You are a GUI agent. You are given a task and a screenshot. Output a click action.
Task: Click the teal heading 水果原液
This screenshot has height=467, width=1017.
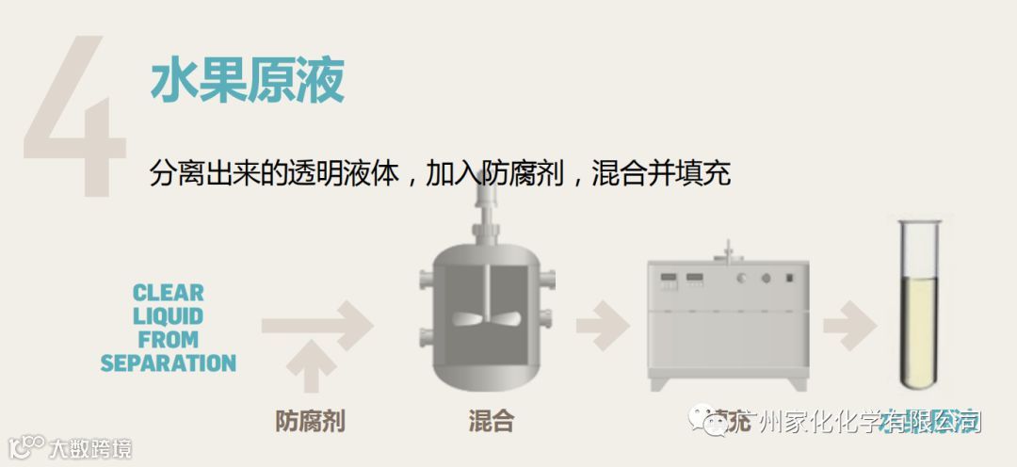tap(247, 83)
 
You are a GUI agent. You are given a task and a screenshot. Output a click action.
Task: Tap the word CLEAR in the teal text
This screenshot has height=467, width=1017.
tap(169, 293)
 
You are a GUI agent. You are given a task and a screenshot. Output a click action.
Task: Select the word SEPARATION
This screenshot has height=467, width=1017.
tap(169, 362)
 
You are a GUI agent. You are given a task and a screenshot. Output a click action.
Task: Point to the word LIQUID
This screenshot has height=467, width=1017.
tap(169, 316)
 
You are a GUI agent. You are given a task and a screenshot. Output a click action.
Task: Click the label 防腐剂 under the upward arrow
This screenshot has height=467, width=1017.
tap(310, 421)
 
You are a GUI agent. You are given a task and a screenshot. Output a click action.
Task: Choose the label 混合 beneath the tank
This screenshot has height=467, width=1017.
tap(491, 421)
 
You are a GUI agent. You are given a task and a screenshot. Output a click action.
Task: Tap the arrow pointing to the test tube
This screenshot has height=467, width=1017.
tap(849, 326)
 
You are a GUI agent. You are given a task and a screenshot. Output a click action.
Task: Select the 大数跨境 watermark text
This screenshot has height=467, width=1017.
tap(90, 448)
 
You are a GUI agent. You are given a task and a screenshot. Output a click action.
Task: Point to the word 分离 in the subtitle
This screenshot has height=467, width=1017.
tap(173, 174)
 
